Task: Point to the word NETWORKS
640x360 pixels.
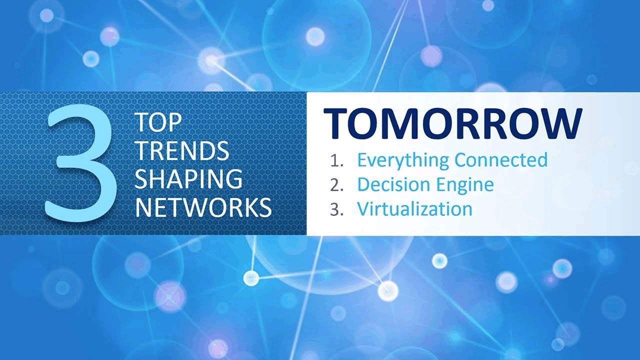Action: point(203,206)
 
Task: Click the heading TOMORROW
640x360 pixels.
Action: point(453,123)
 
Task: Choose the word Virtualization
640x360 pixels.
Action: point(414,208)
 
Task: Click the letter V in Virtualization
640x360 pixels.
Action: point(363,208)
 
